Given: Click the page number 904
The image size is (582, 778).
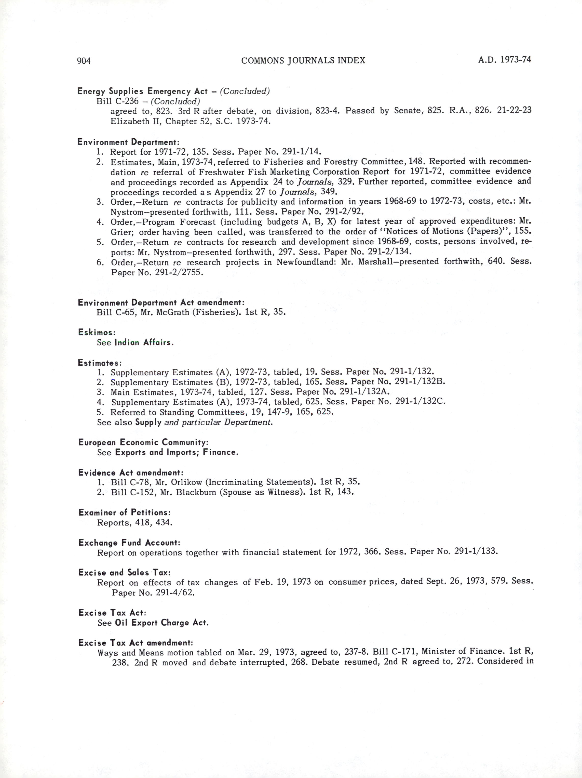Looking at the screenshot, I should click(84, 61).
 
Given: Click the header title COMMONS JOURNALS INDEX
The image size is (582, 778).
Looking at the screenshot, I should click(303, 60).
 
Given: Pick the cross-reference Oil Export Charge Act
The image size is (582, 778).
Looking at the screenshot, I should click(162, 623).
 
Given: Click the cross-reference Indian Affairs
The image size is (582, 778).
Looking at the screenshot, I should click(144, 342).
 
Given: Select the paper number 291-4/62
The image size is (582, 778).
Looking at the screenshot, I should click(174, 593).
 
